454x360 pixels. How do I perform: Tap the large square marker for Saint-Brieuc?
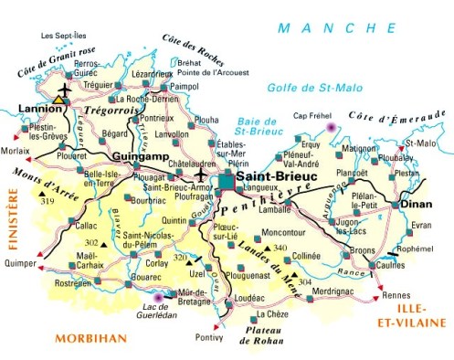(x=226, y=184)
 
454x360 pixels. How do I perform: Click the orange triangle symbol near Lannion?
(x=60, y=96)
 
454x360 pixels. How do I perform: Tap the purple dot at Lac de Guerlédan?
(x=160, y=297)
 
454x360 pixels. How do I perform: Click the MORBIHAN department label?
(x=90, y=338)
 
